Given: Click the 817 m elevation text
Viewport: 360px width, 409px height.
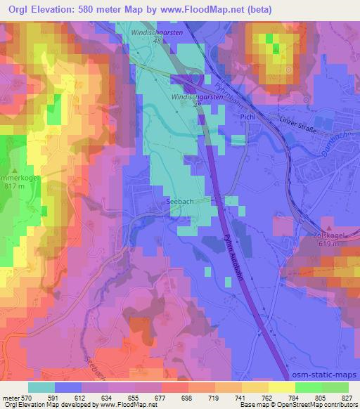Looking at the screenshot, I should click(15, 186).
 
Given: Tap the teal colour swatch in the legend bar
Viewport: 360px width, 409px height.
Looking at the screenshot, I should click(41, 387).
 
